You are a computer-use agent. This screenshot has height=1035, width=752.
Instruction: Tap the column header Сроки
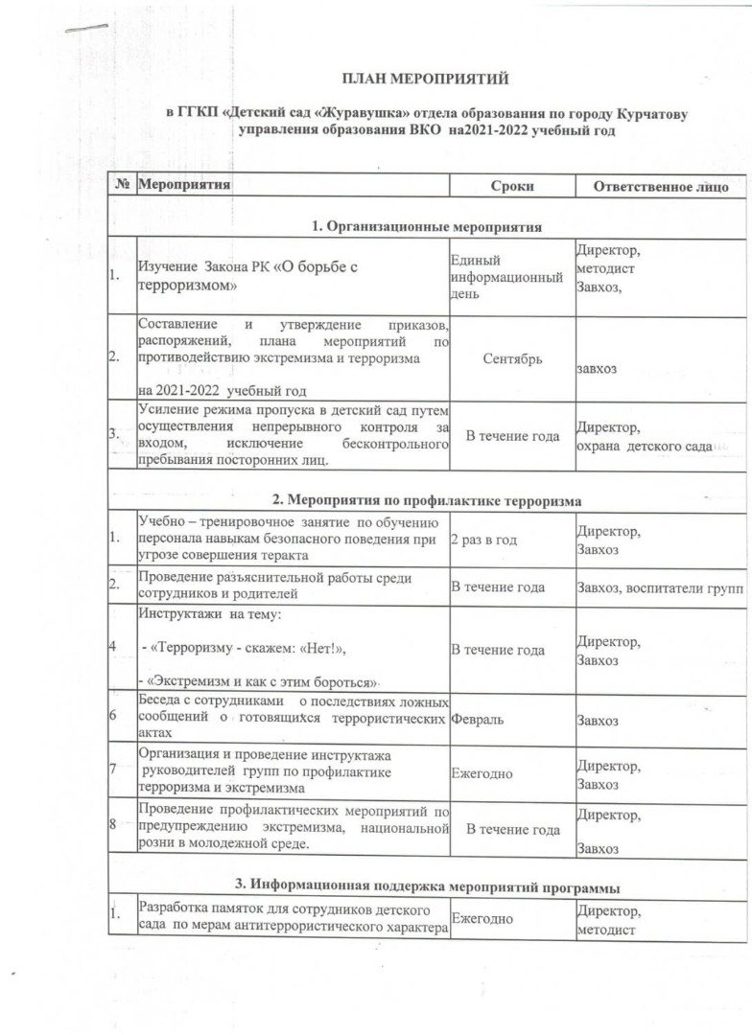[511, 186]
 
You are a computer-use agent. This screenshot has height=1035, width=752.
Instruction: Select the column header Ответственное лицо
[662, 186]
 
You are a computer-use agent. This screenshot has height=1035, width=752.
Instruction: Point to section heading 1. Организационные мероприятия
[427, 227]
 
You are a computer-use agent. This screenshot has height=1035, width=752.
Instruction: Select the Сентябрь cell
[513, 358]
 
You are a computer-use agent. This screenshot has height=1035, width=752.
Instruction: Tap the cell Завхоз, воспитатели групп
[659, 587]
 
